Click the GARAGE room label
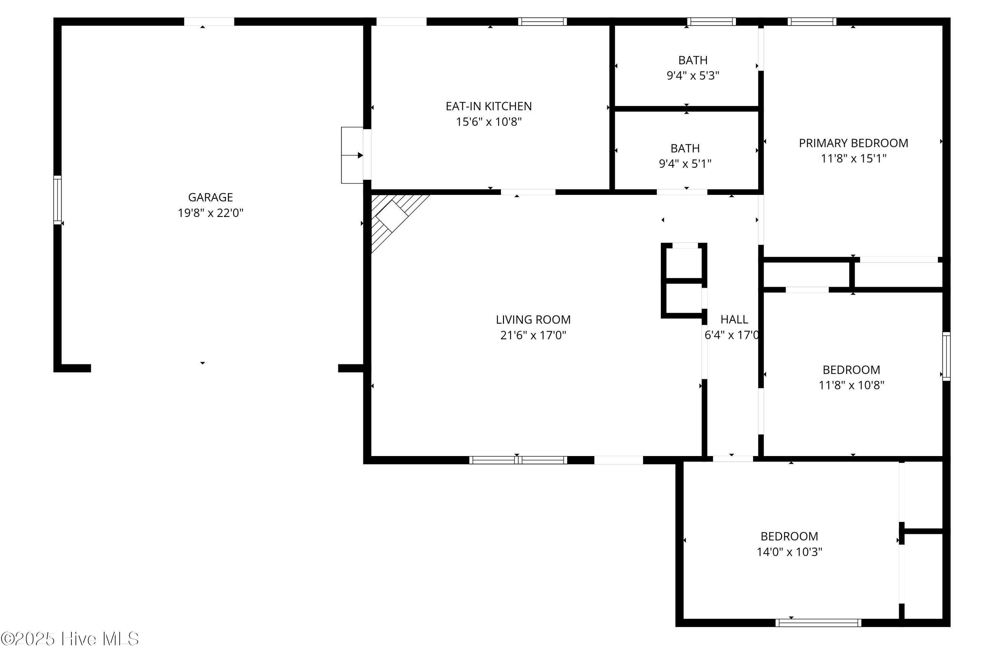(210, 197)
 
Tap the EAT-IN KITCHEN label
(489, 106)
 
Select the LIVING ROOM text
(533, 319)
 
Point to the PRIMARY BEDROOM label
(853, 143)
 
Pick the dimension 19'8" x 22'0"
(210, 213)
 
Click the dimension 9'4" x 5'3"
(693, 76)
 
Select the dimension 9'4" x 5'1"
(685, 163)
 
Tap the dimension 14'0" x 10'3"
(789, 552)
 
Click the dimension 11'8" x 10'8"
(851, 385)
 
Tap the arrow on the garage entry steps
(352, 155)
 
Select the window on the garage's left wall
(57, 200)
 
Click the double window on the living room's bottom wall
(518, 459)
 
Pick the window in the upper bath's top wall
(711, 21)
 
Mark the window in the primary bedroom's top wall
(812, 21)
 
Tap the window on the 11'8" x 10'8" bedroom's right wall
(946, 356)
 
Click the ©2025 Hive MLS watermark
(70, 639)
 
